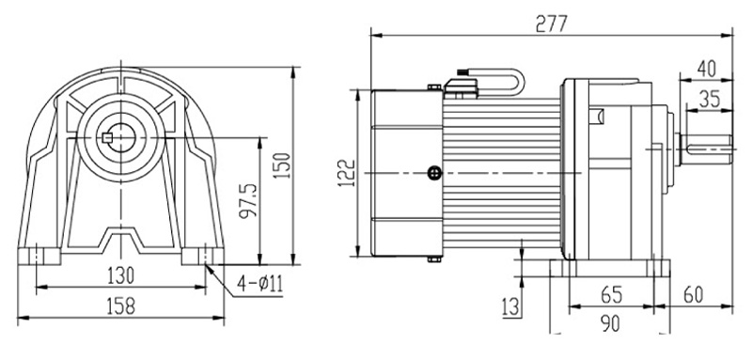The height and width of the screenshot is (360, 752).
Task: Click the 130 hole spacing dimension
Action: click(120, 275)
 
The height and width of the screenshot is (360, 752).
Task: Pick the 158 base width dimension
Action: click(120, 305)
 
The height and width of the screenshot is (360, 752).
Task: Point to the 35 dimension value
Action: click(712, 97)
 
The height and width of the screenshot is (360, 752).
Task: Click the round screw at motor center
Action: click(433, 172)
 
